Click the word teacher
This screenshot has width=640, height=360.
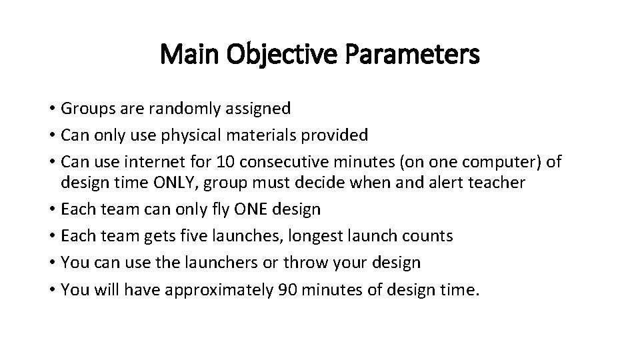pyautogui.click(x=492, y=183)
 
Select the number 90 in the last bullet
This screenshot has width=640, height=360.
pyautogui.click(x=285, y=289)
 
